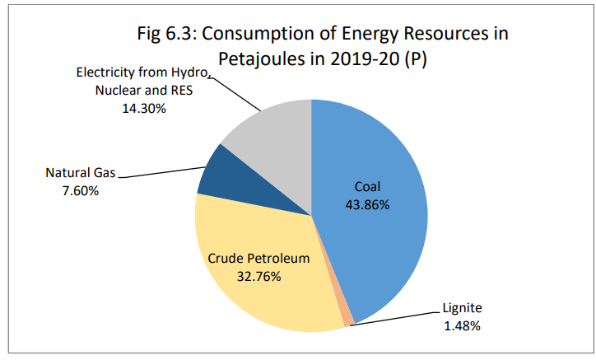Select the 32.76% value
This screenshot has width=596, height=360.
(x=258, y=276)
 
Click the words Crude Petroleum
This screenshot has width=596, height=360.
(x=258, y=258)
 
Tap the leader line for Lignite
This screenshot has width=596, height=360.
(x=395, y=320)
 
